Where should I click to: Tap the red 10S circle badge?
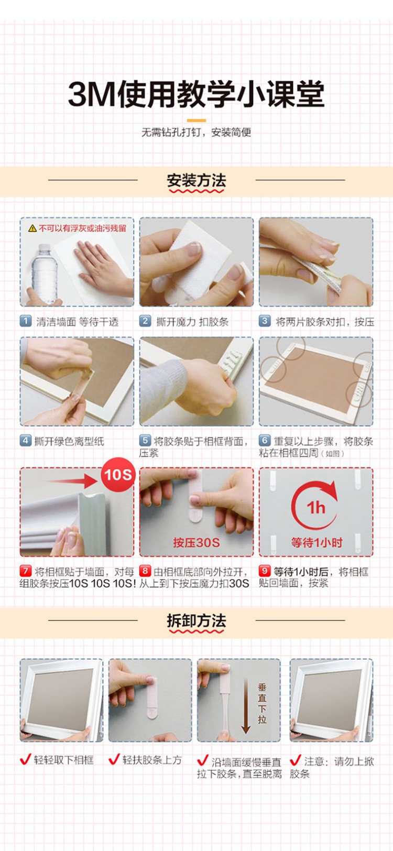118,475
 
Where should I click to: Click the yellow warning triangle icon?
32,228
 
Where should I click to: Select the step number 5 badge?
145,440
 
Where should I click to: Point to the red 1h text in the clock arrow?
316,508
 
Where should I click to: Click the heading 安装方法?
196,180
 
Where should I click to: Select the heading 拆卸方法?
196,621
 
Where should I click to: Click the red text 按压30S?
196,542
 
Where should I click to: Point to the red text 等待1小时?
316,542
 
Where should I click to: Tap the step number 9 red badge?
264,571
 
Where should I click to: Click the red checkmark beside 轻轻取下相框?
25,759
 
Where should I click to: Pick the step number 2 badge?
145,321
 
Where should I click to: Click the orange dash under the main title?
196,121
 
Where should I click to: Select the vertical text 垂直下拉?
262,703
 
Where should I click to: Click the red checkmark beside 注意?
296,760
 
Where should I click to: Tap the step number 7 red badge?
26,571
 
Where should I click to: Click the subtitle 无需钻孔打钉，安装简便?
196,132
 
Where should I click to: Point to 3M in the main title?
91,94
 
